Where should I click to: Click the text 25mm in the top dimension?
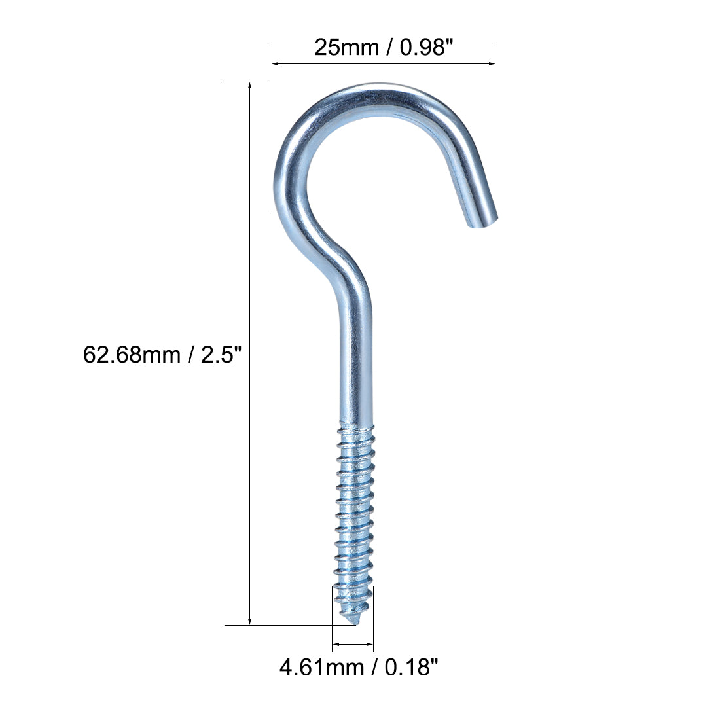tap(346, 47)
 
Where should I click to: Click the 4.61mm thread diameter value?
tap(321, 667)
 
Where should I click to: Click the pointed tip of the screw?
tap(355, 621)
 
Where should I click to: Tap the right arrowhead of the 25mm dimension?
tap(493, 63)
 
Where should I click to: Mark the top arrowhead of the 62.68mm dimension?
tap(249, 86)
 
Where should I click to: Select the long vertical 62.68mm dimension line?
tap(249, 458)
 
